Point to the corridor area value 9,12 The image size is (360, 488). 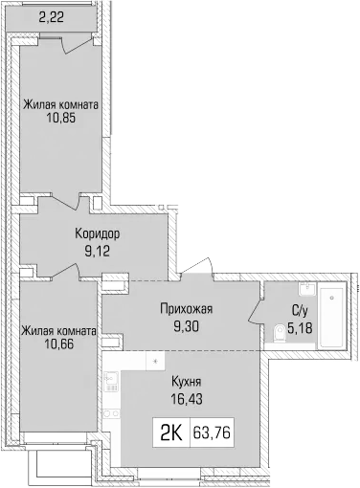coord(97,251)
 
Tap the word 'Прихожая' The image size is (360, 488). coord(185,309)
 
